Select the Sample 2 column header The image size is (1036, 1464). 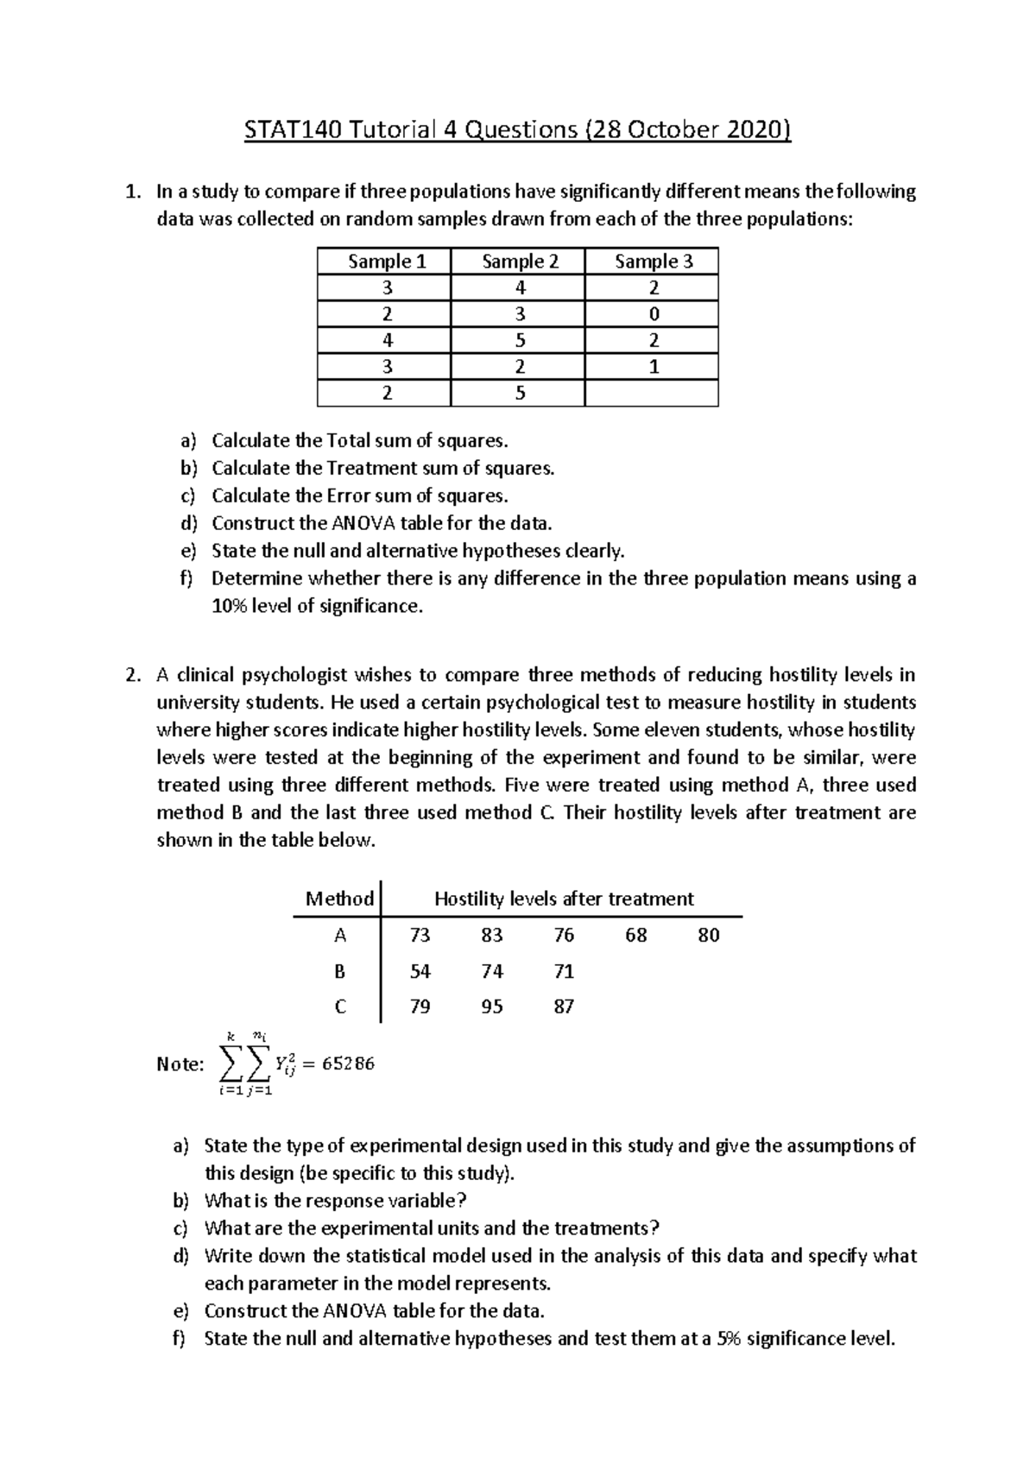tap(519, 262)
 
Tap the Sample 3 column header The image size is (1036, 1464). tap(654, 262)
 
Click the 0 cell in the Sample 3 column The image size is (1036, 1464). tap(654, 314)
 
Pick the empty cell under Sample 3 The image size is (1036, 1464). tap(652, 394)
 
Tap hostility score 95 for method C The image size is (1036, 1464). tap(492, 1006)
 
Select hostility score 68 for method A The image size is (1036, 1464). tap(636, 935)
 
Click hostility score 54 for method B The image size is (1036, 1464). tap(420, 971)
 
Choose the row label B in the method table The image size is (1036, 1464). tap(340, 971)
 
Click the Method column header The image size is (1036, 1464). tap(340, 899)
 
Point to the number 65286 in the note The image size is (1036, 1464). tap(348, 1063)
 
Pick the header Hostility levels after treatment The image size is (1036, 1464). tap(564, 899)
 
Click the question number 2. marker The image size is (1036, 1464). tap(132, 675)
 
